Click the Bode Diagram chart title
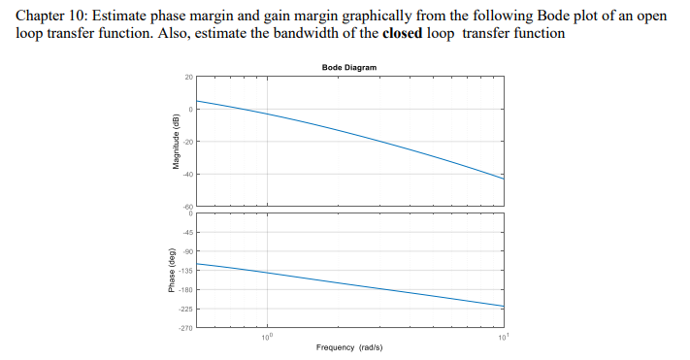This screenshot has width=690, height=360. (348, 67)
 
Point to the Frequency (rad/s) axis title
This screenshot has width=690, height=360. (348, 347)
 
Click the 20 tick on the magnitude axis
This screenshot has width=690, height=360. (190, 78)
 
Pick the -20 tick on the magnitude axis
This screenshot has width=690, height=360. (189, 143)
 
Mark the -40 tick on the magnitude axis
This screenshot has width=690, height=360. (189, 175)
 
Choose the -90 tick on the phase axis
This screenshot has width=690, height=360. (189, 251)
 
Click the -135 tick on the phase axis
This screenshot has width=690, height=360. (188, 271)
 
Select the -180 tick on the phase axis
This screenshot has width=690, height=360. (188, 290)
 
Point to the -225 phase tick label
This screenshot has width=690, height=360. (188, 310)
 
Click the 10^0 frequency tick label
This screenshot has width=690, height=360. (267, 337)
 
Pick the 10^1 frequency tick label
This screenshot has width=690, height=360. (501, 337)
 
